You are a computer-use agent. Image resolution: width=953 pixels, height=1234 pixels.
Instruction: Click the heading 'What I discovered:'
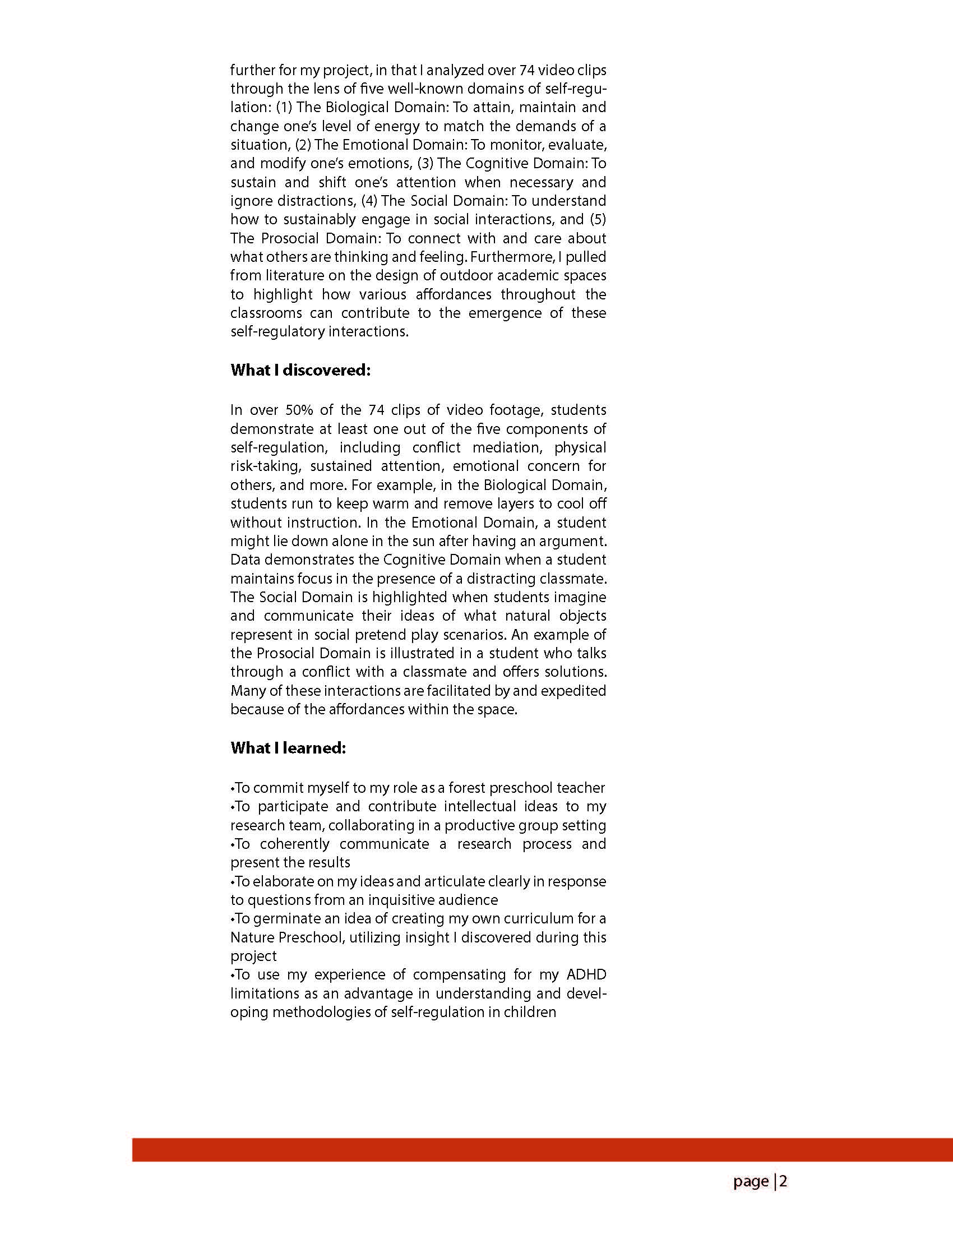[x=300, y=370]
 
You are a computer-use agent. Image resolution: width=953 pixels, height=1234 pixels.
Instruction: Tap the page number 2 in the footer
[x=783, y=1181]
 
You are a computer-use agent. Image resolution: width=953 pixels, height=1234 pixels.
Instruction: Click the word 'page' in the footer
[x=751, y=1181]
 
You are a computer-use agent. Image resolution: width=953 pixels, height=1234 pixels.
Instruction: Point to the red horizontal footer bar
[x=542, y=1149]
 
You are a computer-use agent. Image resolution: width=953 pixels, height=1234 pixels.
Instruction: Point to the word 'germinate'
[x=281, y=918]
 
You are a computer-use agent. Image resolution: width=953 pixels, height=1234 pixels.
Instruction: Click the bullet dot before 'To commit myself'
[x=232, y=788]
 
